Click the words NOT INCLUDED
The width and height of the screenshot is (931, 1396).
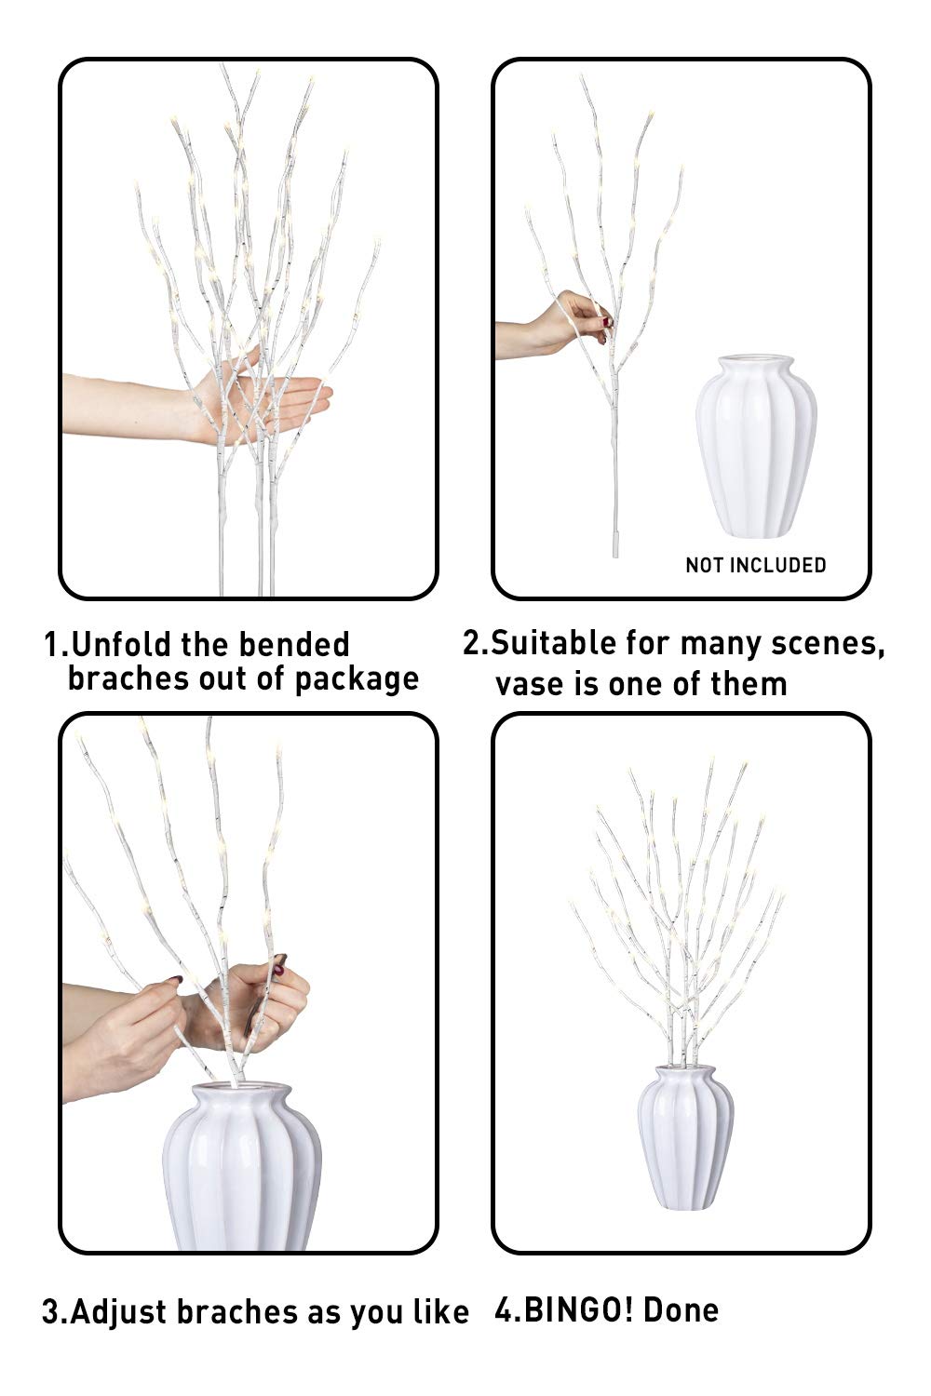click(755, 565)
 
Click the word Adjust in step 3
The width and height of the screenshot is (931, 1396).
click(118, 1312)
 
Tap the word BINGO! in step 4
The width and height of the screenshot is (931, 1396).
click(579, 1310)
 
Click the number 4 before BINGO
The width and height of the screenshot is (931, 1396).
click(504, 1310)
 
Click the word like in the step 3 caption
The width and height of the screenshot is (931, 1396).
click(442, 1312)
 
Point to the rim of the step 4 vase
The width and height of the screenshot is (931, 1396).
click(681, 1070)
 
